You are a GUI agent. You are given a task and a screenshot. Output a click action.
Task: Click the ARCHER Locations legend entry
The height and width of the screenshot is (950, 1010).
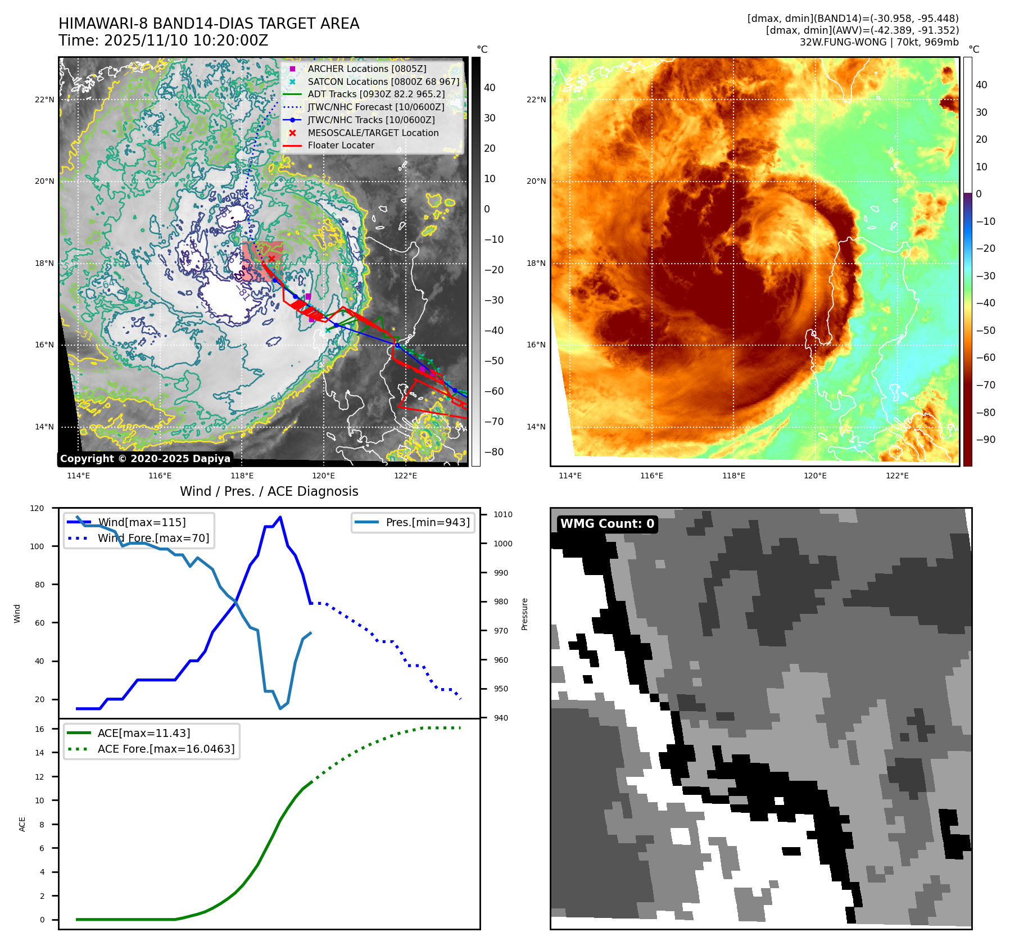click(366, 69)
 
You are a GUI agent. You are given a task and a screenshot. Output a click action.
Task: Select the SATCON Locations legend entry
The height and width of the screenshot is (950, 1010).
click(383, 82)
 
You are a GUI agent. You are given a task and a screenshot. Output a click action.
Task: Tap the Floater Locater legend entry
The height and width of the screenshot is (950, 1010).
click(341, 145)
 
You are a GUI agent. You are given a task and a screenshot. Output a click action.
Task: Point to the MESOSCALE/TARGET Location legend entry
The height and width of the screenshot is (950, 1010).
click(373, 133)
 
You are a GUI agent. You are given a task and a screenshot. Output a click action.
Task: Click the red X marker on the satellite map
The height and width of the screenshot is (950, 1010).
click(271, 259)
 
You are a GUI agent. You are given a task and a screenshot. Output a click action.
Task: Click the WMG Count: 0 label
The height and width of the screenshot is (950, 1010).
click(607, 524)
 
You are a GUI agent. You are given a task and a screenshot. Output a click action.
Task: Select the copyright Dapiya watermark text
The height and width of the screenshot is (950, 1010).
click(145, 459)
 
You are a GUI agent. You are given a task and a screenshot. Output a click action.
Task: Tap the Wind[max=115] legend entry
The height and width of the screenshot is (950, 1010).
click(142, 522)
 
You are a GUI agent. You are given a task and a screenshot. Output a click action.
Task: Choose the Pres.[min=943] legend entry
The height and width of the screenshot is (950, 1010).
click(427, 522)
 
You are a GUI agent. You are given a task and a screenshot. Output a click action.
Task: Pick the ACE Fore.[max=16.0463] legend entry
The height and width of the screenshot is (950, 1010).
click(166, 749)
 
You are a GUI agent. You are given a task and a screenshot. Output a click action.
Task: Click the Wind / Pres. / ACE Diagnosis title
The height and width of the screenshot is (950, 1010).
click(269, 491)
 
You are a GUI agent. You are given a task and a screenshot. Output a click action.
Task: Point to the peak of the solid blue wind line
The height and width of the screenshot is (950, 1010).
click(280, 517)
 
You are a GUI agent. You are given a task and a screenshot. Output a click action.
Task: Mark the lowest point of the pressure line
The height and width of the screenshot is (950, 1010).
click(280, 708)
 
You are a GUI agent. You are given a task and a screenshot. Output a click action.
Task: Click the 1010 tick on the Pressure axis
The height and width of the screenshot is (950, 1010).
click(503, 514)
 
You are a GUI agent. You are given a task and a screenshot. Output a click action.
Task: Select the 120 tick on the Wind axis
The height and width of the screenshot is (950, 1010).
click(37, 508)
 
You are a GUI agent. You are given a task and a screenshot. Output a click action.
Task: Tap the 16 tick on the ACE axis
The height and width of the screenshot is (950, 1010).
click(39, 729)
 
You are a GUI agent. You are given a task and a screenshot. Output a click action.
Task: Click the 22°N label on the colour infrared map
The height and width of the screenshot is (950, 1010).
click(536, 100)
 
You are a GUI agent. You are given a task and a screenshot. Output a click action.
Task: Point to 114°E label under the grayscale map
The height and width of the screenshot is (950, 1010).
click(78, 476)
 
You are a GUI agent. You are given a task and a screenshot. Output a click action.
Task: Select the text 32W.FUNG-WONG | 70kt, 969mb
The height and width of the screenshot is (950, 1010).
click(879, 42)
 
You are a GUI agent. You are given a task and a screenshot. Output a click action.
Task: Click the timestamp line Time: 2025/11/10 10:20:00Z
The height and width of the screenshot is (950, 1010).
click(163, 41)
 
